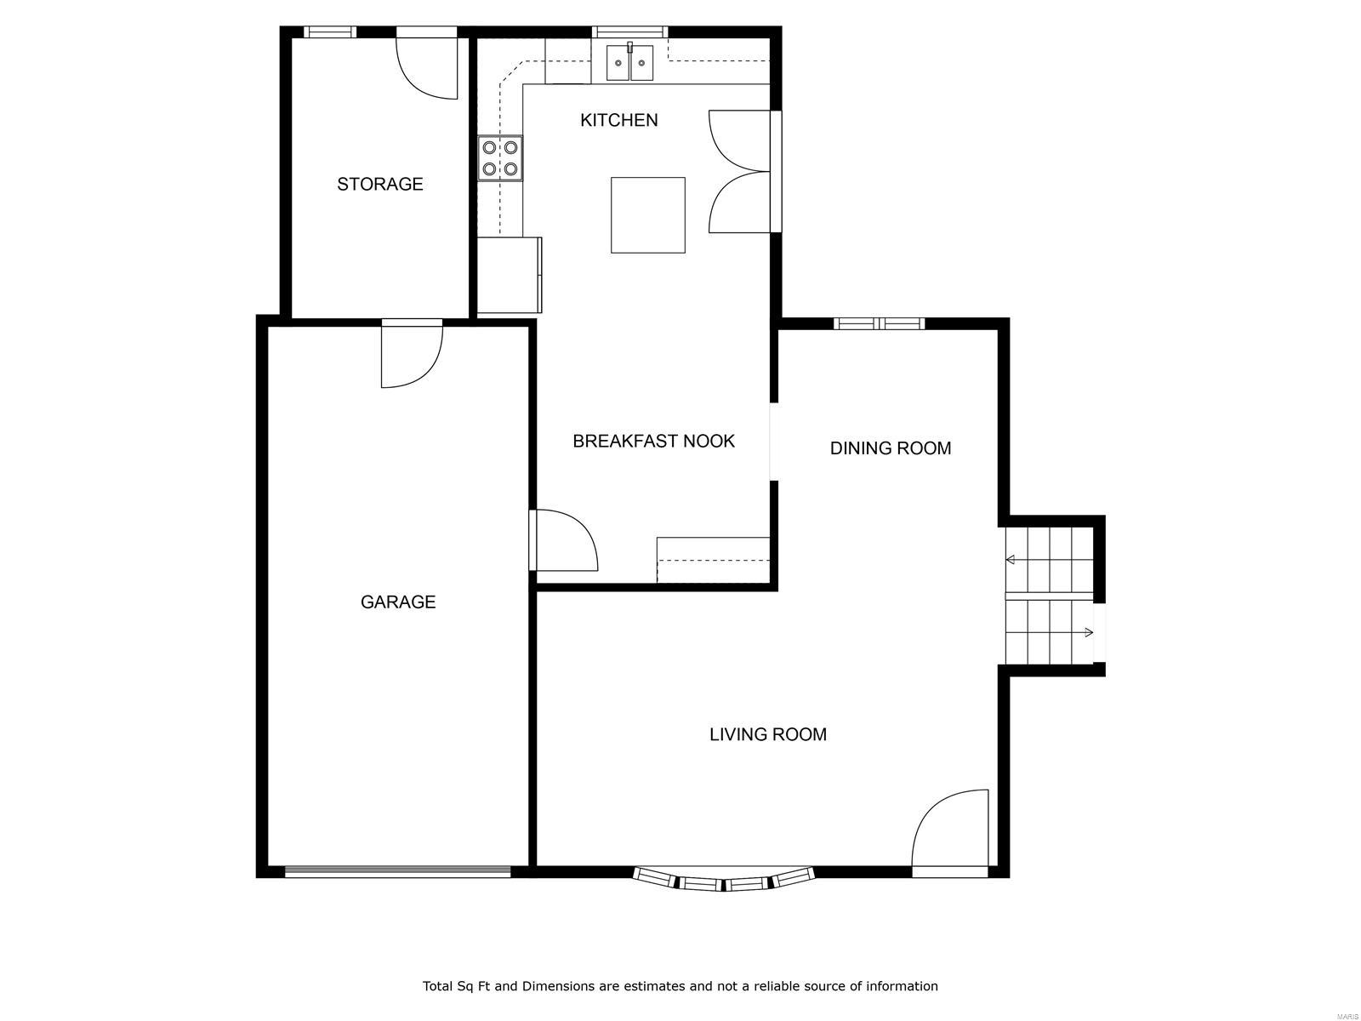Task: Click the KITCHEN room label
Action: tap(618, 120)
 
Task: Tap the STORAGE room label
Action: tap(379, 184)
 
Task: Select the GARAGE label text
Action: tap(398, 602)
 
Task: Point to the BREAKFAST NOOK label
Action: tap(653, 441)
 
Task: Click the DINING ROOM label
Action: tap(890, 448)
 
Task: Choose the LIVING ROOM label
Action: tap(767, 734)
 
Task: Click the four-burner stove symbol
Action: tap(500, 157)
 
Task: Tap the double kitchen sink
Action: tap(629, 62)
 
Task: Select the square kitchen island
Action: tap(647, 214)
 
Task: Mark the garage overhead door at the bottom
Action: tap(397, 871)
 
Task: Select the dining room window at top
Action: tap(879, 323)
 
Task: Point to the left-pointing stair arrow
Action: tap(1011, 560)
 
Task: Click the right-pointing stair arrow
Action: tap(1088, 632)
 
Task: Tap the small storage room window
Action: tap(330, 32)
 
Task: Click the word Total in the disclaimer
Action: tap(439, 986)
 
